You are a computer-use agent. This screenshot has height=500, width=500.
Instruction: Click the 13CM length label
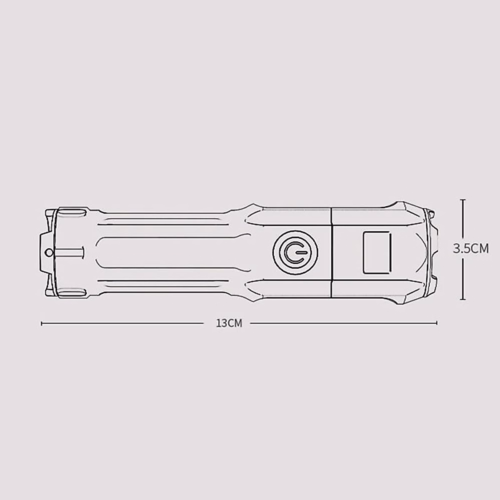coord(229,323)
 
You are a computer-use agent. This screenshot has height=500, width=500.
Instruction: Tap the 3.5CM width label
coord(471,249)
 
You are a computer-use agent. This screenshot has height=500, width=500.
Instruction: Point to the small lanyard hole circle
coord(49,252)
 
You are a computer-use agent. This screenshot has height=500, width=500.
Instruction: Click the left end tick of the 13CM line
coord(42,323)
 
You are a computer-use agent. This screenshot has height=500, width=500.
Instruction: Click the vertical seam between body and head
coord(332,252)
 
